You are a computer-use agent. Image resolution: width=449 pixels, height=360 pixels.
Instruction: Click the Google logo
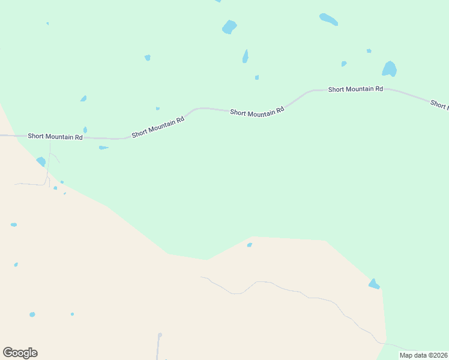pyautogui.click(x=20, y=353)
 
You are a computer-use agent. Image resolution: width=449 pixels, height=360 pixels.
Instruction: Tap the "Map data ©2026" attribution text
pyautogui.click(x=423, y=355)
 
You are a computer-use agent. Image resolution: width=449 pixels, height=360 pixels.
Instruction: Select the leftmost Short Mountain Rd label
pyautogui.click(x=54, y=137)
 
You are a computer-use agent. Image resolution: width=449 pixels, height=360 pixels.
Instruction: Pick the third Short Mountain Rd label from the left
pyautogui.click(x=257, y=112)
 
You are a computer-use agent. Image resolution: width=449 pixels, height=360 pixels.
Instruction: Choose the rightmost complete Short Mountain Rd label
pyautogui.click(x=355, y=89)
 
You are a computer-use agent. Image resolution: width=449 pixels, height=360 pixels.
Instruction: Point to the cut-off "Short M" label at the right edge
pyautogui.click(x=439, y=104)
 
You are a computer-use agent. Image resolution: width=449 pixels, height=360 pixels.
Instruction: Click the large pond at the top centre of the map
pyautogui.click(x=229, y=27)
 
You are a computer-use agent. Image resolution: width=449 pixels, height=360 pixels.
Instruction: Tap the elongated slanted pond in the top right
pyautogui.click(x=328, y=19)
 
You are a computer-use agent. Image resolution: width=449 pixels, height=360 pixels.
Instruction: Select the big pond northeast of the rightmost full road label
pyautogui.click(x=390, y=69)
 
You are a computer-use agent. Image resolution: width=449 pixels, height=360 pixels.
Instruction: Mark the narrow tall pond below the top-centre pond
pyautogui.click(x=246, y=56)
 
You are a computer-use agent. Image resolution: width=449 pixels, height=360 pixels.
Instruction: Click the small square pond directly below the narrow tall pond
pyautogui.click(x=257, y=77)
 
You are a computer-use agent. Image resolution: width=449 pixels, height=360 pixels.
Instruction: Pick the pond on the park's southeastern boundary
pyautogui.click(x=374, y=284)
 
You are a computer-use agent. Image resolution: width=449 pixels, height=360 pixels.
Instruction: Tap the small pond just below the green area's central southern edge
pyautogui.click(x=249, y=245)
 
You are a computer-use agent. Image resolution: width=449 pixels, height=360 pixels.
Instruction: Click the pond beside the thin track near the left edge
pyautogui.click(x=41, y=161)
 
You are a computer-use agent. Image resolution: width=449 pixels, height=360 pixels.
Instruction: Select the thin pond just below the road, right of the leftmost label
pyautogui.click(x=103, y=148)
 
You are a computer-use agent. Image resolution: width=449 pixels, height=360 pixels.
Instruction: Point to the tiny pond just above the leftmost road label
pyautogui.click(x=85, y=130)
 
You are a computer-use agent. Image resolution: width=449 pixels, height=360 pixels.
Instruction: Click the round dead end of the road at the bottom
pyautogui.click(x=160, y=335)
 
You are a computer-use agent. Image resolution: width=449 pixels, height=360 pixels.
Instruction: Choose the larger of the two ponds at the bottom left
pyautogui.click(x=32, y=314)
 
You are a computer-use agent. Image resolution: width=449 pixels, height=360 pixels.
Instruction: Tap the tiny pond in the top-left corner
pyautogui.click(x=47, y=23)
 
